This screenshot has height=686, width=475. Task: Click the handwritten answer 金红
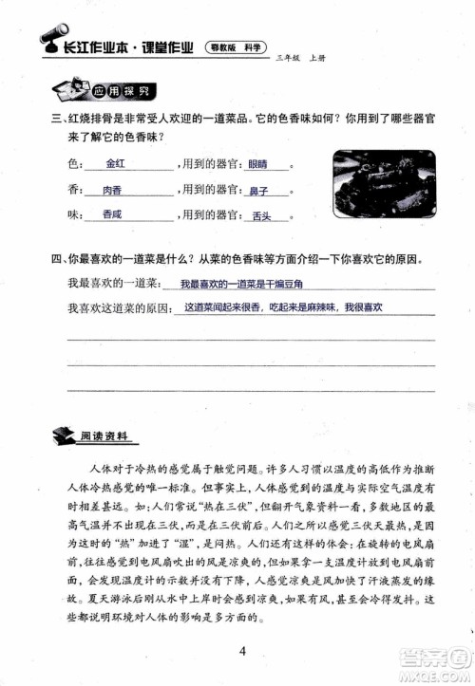click(116, 164)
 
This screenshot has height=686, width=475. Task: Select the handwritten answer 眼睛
click(257, 164)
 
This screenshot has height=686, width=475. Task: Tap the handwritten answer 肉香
click(113, 189)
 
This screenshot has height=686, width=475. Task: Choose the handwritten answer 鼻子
click(259, 190)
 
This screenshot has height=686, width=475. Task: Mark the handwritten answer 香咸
click(112, 214)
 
